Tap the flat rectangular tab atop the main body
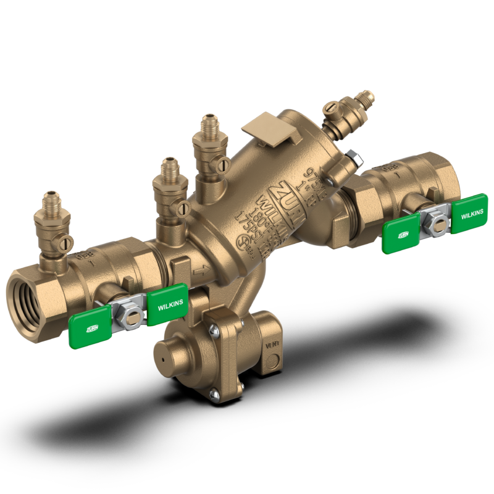point(261,128)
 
